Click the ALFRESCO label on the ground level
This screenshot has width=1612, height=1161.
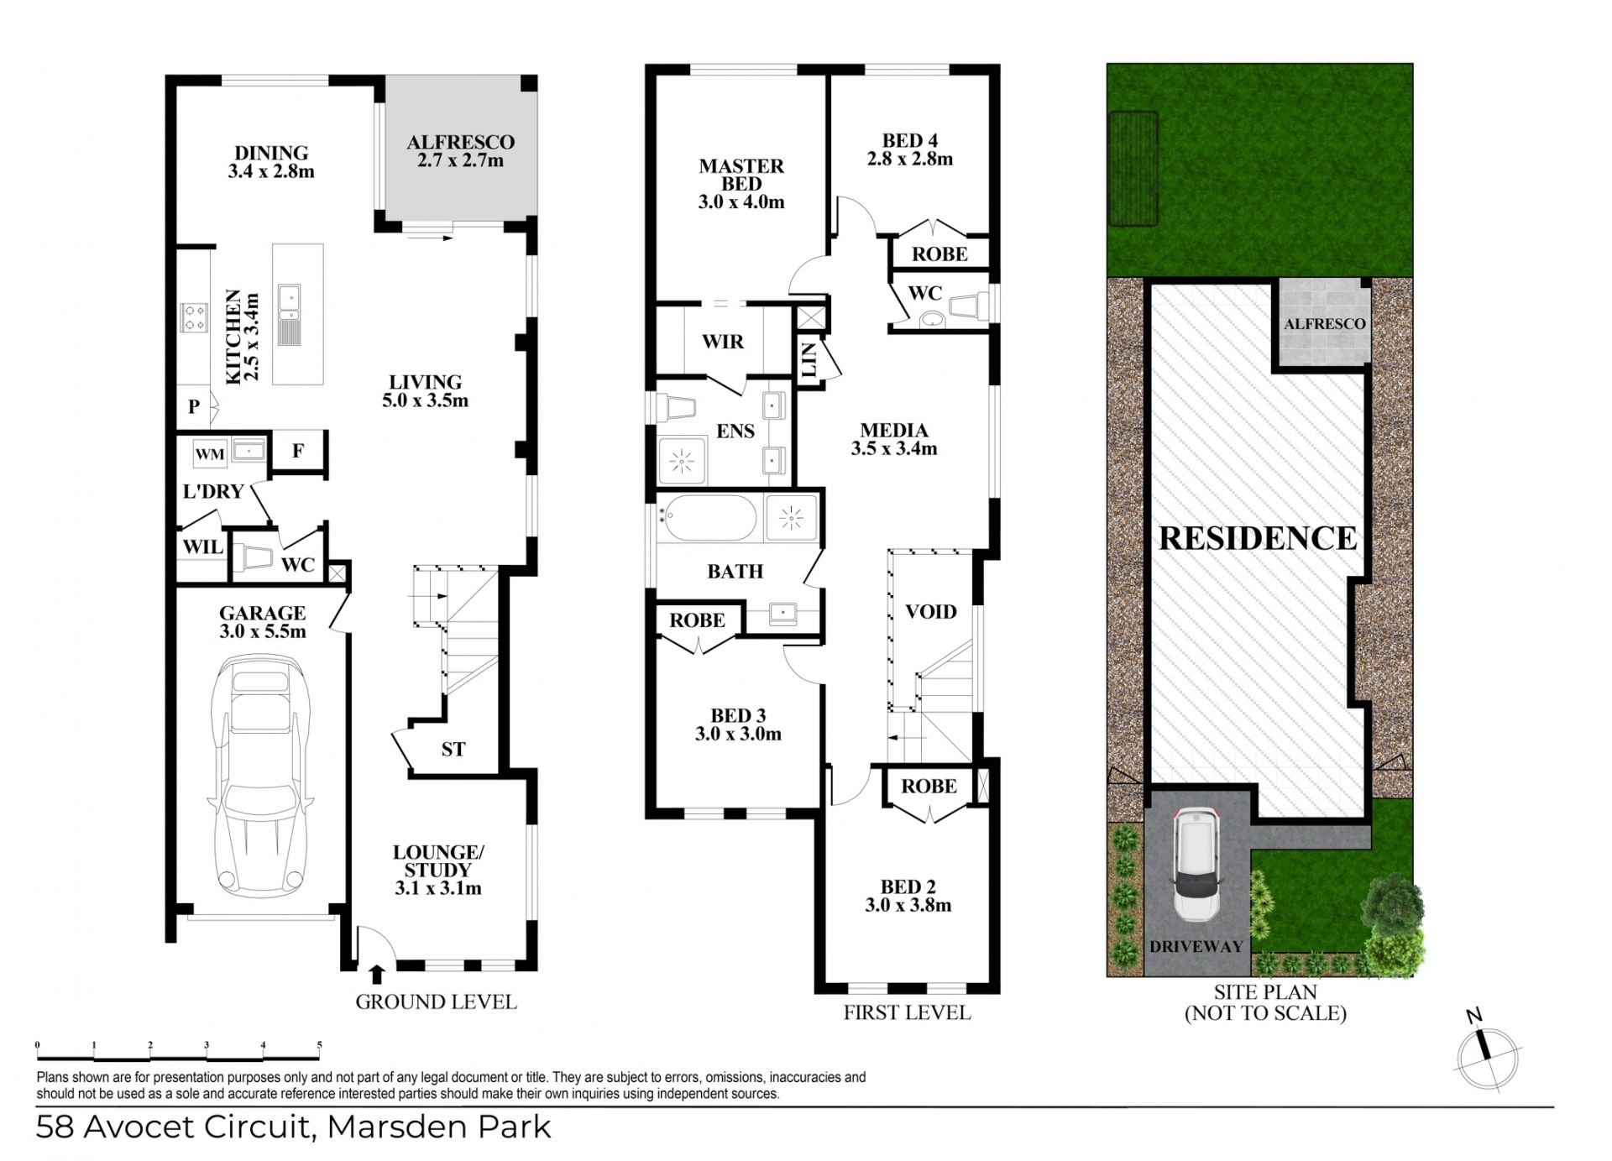point(460,142)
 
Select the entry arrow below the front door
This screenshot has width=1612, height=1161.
point(377,974)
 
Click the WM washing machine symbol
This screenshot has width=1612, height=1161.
point(210,454)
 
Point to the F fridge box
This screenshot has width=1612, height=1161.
point(298,452)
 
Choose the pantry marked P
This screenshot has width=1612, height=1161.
point(194,406)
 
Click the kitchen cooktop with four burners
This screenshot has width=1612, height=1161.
point(195,316)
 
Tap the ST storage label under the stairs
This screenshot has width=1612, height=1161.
point(453,749)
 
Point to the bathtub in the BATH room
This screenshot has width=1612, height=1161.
point(709,518)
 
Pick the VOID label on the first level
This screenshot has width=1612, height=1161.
point(931,611)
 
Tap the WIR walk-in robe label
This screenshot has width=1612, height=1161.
point(723,342)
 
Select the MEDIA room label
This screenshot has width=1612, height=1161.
point(894,430)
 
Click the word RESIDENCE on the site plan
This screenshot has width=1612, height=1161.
point(1258,538)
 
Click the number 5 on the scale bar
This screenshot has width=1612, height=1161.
point(319,1045)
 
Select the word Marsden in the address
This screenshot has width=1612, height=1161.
point(397,1127)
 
